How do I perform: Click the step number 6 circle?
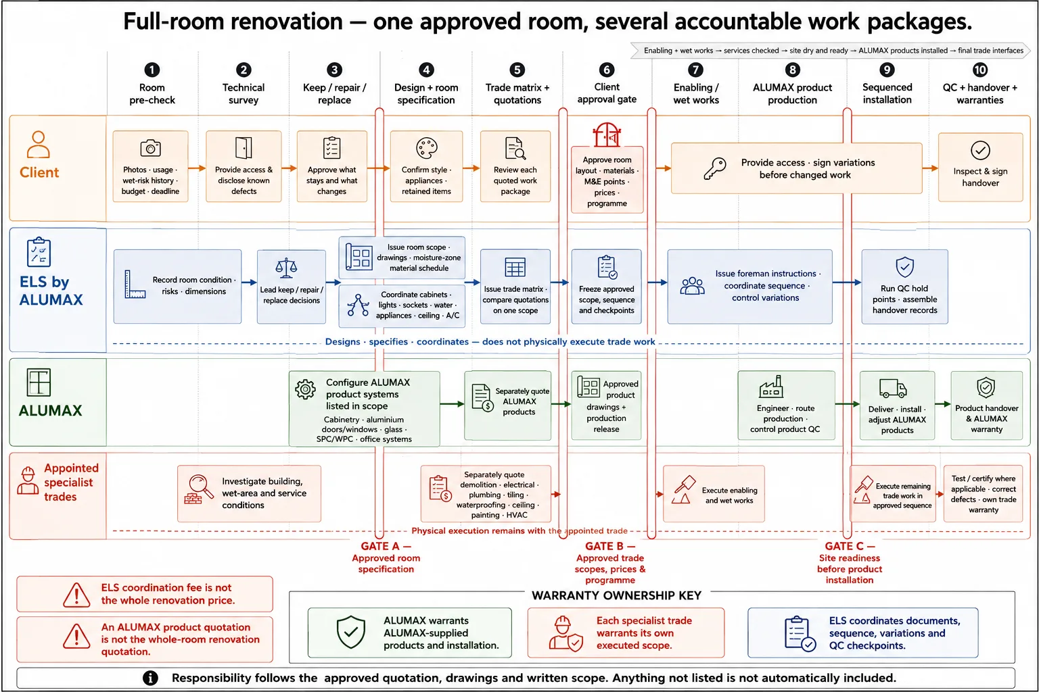tap(606, 70)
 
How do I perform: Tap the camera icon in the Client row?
tap(150, 148)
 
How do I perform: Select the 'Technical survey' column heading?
tap(243, 94)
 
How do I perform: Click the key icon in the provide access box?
tap(714, 168)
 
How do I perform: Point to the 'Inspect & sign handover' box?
tap(980, 168)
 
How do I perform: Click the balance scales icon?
tap(285, 268)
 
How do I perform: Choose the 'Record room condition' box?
tap(178, 286)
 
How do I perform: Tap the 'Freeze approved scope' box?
tap(606, 286)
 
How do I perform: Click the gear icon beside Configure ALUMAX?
tap(305, 389)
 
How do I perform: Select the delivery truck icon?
tap(893, 389)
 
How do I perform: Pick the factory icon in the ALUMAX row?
tap(771, 387)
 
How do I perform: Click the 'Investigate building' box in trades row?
tap(249, 493)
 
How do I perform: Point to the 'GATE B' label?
tap(609, 546)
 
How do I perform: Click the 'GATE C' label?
tap(850, 546)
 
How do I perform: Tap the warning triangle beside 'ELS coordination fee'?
tap(76, 595)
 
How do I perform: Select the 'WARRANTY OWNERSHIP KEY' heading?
tap(616, 595)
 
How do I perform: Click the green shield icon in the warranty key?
tap(350, 632)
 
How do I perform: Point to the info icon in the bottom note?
tap(149, 678)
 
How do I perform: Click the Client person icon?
tap(38, 144)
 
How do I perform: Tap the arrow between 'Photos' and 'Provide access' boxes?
tap(197, 168)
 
